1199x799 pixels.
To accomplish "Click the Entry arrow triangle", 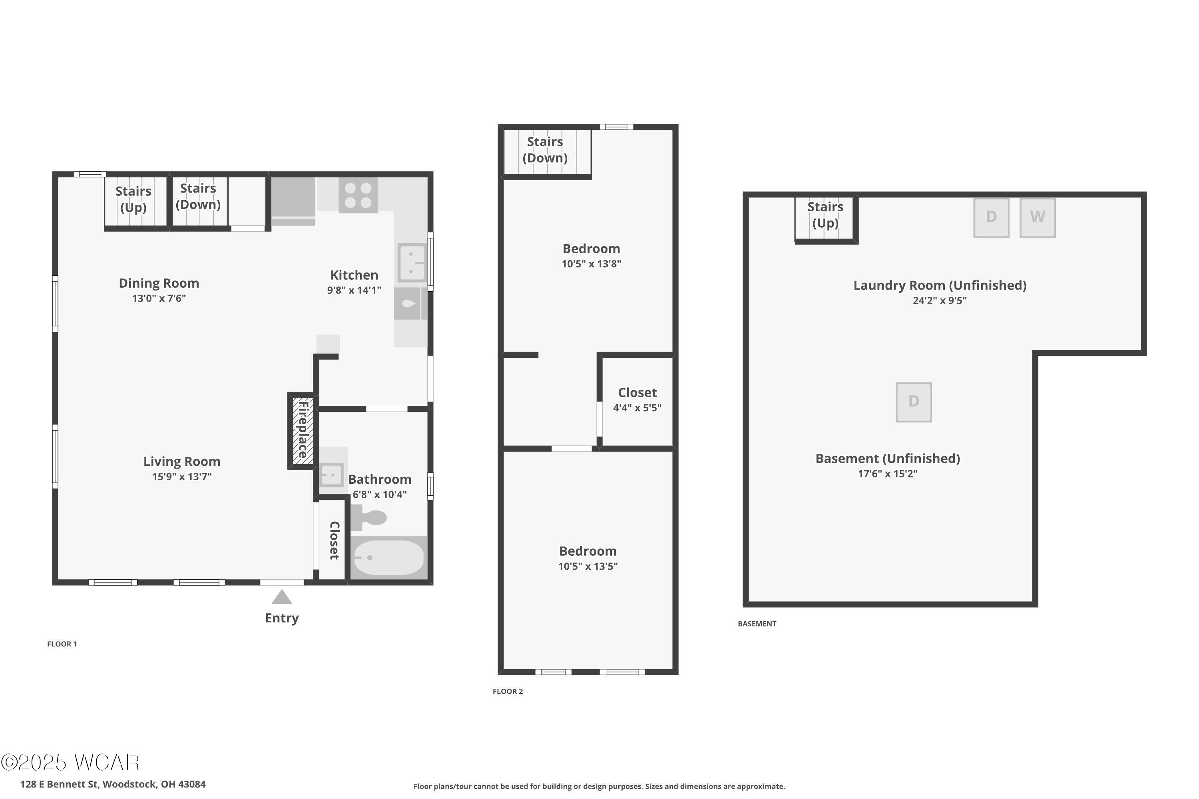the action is click(x=281, y=597).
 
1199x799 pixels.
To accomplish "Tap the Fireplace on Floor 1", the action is click(x=302, y=431).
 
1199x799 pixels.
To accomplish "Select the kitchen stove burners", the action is click(x=358, y=195).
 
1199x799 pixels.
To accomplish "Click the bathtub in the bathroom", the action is click(x=388, y=557).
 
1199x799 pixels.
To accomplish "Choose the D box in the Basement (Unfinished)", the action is click(x=914, y=402).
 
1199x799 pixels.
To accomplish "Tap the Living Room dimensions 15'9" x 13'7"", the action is click(x=182, y=477).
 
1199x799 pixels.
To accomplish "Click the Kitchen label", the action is click(x=354, y=275).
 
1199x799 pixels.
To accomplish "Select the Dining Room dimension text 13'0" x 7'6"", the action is click(x=159, y=298).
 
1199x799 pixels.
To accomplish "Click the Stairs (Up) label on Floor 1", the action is click(x=133, y=199).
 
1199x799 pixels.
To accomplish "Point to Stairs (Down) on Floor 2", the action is click(x=545, y=150).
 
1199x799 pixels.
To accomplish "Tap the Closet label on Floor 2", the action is click(x=637, y=392).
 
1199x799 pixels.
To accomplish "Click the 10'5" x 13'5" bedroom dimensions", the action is click(x=588, y=566).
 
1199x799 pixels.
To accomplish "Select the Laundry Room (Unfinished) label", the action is click(x=940, y=285).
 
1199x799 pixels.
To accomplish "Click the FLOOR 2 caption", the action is click(x=508, y=692).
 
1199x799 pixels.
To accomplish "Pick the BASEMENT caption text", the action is click(x=757, y=624).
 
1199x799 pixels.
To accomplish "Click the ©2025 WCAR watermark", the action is click(x=70, y=762).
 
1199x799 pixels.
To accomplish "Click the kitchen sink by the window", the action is click(x=412, y=263).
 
